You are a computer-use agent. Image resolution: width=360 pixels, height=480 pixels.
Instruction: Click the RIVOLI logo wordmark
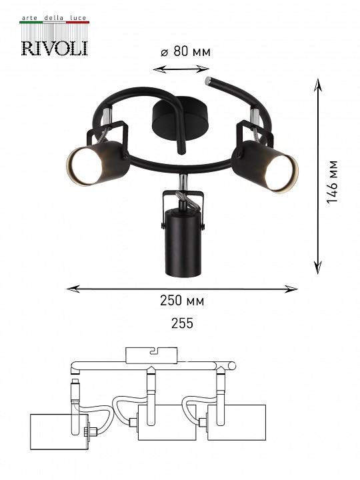click(55, 49)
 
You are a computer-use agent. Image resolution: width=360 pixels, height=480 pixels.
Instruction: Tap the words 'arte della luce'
click(54, 18)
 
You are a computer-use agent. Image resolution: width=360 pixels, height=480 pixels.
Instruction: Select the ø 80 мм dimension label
click(185, 51)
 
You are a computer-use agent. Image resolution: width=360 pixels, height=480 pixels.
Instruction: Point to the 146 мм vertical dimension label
click(332, 181)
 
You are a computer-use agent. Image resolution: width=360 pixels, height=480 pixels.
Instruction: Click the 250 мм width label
click(182, 301)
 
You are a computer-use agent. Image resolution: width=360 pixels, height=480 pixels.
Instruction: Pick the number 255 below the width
click(182, 323)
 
